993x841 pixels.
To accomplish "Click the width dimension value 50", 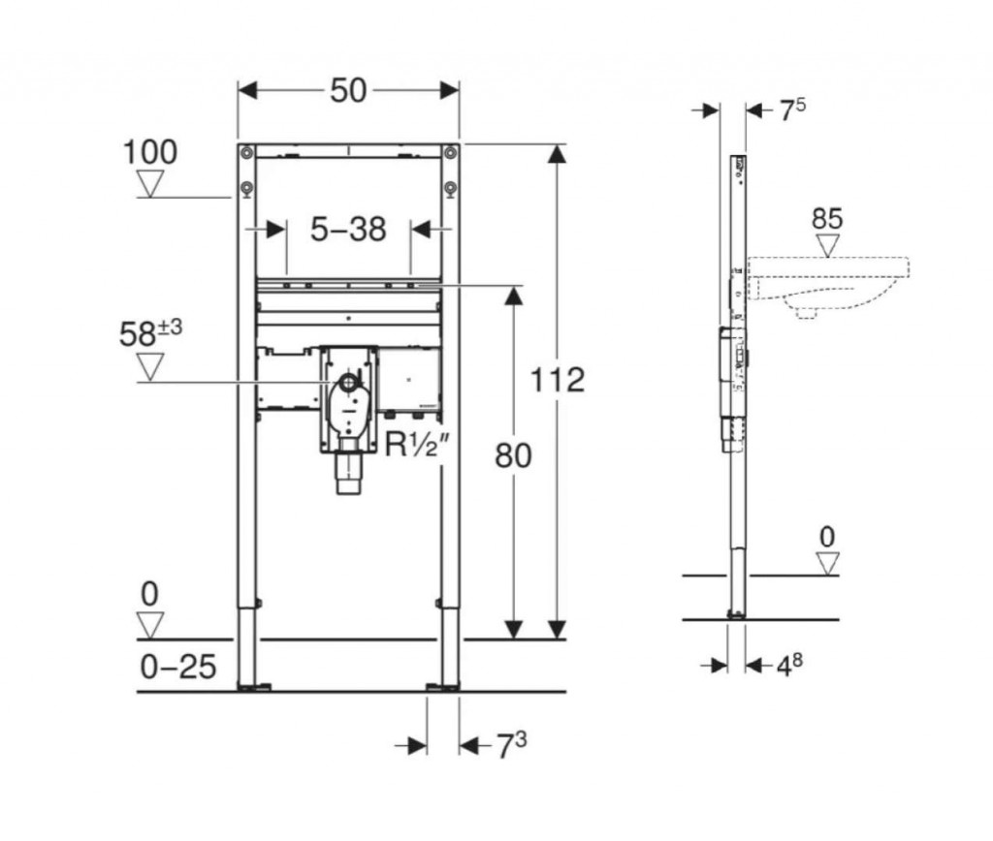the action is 348,90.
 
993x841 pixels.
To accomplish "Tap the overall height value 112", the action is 557,381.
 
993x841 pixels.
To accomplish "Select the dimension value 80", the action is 513,455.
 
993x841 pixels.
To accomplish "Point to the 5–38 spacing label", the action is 348,229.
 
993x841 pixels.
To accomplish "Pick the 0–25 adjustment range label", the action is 178,667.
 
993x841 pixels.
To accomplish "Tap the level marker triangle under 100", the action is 150,185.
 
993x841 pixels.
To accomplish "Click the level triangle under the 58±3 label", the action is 150,367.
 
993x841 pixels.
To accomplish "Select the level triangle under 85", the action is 827,245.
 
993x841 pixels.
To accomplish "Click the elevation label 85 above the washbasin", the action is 827,219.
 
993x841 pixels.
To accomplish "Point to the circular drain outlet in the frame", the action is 348,382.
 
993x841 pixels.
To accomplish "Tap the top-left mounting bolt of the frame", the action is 246,152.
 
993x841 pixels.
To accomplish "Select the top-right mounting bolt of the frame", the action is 450,152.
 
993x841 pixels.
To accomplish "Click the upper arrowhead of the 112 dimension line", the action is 557,154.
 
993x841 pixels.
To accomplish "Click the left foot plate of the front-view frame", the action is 255,687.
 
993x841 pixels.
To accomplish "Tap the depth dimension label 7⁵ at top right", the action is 791,110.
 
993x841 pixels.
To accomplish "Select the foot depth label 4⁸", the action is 789,665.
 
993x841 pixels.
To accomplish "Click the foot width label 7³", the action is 510,745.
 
